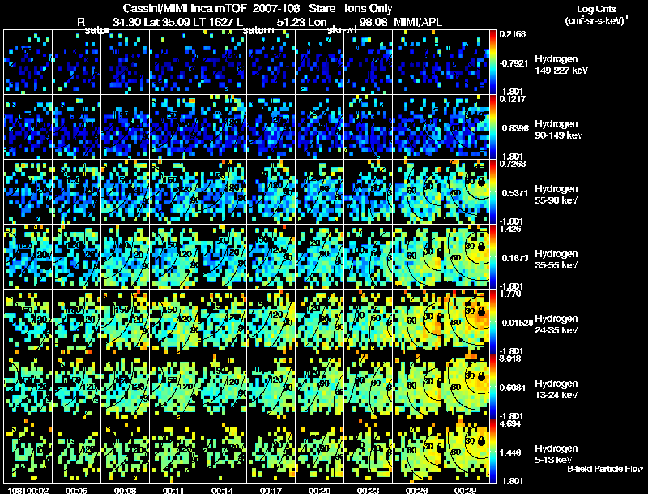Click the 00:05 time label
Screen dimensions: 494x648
(78, 490)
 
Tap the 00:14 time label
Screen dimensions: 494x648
(224, 490)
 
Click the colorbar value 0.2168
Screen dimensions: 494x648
(514, 34)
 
